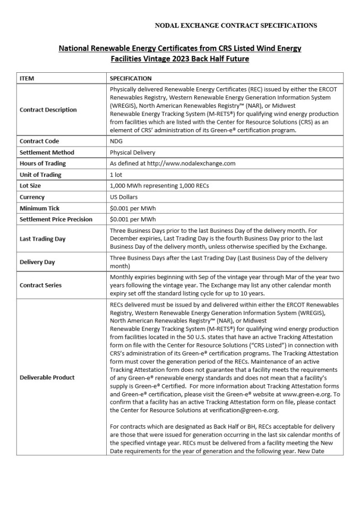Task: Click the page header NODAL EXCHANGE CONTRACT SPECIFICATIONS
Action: (x=236, y=25)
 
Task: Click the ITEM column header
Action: (x=27, y=78)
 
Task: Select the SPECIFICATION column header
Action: (x=131, y=78)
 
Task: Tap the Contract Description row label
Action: (x=48, y=110)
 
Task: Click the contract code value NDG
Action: (x=116, y=141)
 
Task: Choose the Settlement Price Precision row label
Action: (x=56, y=219)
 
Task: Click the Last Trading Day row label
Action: (x=42, y=239)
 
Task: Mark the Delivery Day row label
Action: (x=37, y=262)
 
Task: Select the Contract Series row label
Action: (x=40, y=285)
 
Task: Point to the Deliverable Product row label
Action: (x=47, y=377)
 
